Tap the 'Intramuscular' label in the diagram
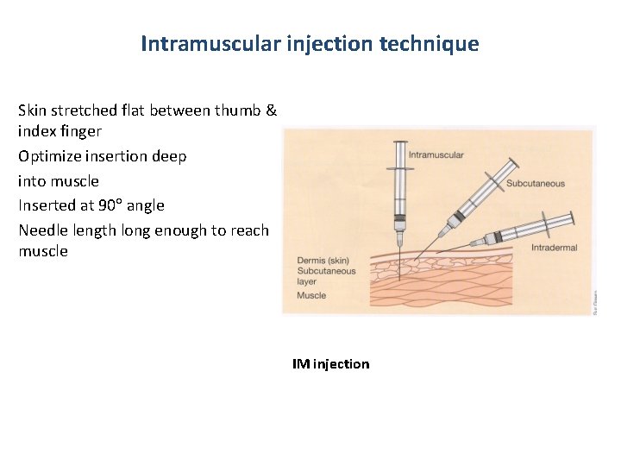pos(436,155)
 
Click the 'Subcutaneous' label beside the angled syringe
pos(535,183)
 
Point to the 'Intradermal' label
pos(554,248)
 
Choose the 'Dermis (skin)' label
pos(324,260)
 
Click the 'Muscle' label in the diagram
pos(311,295)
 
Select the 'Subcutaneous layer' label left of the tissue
pos(326,275)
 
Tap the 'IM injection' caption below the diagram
pos(330,364)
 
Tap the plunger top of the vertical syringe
pos(399,143)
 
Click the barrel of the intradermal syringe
pos(526,229)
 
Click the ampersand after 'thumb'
pos(271,110)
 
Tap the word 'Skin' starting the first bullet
pos(34,110)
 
